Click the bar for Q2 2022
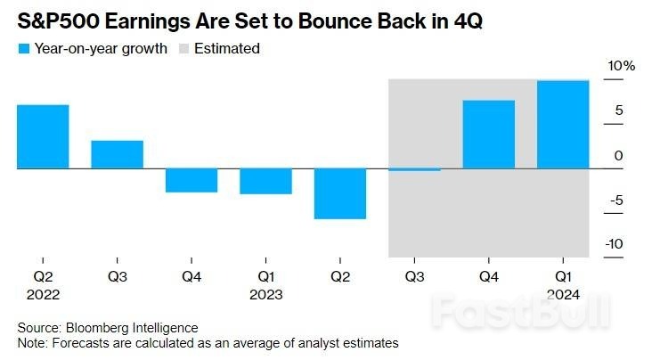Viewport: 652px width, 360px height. pyautogui.click(x=43, y=136)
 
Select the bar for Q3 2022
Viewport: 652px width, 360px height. pyautogui.click(x=117, y=154)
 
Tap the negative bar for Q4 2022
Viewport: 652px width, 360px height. pyautogui.click(x=192, y=180)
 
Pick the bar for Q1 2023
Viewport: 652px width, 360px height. pyautogui.click(x=265, y=181)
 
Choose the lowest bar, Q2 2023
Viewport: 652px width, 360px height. pyautogui.click(x=340, y=193)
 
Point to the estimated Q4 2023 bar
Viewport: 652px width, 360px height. pyautogui.click(x=489, y=134)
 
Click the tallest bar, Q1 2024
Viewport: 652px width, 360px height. pyautogui.click(x=563, y=124)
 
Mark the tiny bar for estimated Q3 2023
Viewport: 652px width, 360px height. pyautogui.click(x=414, y=169)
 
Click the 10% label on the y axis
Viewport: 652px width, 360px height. pyautogui.click(x=622, y=67)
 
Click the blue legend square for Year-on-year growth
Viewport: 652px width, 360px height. pyautogui.click(x=22, y=49)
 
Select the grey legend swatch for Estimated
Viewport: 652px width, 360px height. pyautogui.click(x=188, y=49)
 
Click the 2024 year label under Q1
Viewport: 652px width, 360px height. pyautogui.click(x=563, y=294)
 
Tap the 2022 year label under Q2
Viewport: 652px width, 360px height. pyautogui.click(x=43, y=294)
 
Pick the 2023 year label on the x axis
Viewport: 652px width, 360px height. pyautogui.click(x=265, y=294)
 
